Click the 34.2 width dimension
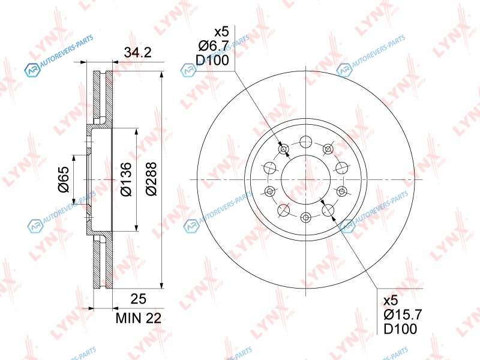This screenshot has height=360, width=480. coord(137,52)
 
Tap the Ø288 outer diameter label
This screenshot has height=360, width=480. coord(151,179)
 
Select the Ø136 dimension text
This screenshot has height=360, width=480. coord(126,179)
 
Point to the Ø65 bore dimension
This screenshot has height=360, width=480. coord(64,179)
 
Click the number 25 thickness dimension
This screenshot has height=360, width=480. coord(139,299)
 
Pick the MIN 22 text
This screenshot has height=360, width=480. coord(139,319)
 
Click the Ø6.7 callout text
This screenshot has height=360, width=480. coord(214,46)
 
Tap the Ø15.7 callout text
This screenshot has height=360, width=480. coord(403,314)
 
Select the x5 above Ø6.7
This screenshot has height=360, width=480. coord(221,32)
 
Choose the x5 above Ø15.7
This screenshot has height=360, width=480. coord(391,301)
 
